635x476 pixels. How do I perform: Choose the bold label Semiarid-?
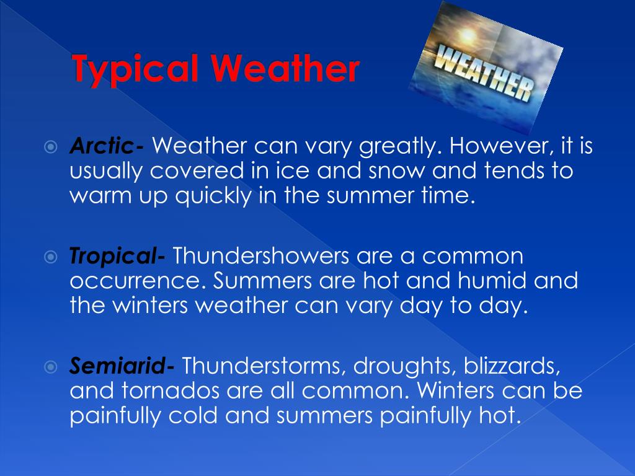tap(122, 367)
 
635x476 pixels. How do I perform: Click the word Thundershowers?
tap(255, 255)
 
